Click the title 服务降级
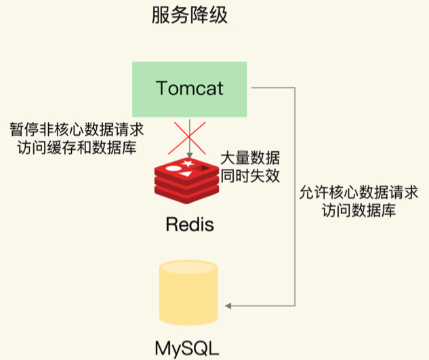click(x=189, y=16)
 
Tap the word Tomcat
click(x=189, y=89)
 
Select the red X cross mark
click(x=189, y=138)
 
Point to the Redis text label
click(x=189, y=224)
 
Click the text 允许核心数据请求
click(x=359, y=193)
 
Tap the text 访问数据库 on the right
click(x=359, y=211)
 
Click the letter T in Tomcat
click(x=162, y=89)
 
